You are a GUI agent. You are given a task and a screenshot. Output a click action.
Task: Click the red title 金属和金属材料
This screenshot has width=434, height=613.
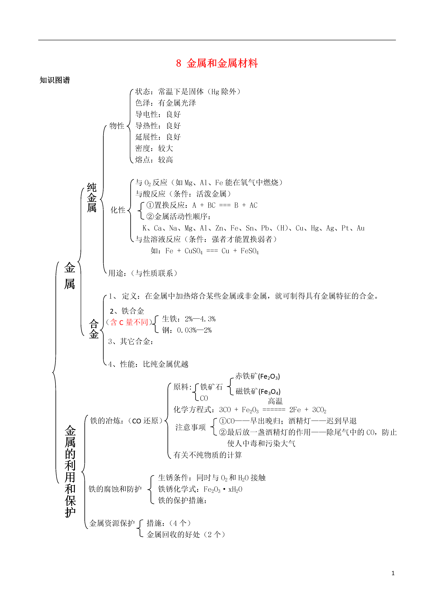(222, 63)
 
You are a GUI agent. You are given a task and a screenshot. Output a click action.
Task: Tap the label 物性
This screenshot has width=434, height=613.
(117, 126)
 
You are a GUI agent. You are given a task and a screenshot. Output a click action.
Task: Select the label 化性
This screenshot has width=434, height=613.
(118, 210)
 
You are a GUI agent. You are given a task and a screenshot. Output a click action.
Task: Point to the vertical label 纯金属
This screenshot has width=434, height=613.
(92, 198)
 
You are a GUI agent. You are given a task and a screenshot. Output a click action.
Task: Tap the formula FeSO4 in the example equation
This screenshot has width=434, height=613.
(250, 251)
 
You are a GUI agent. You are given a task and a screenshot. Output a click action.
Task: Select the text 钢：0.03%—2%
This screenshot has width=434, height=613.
(187, 330)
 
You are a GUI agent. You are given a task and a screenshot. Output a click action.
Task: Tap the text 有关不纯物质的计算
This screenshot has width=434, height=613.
(208, 455)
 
